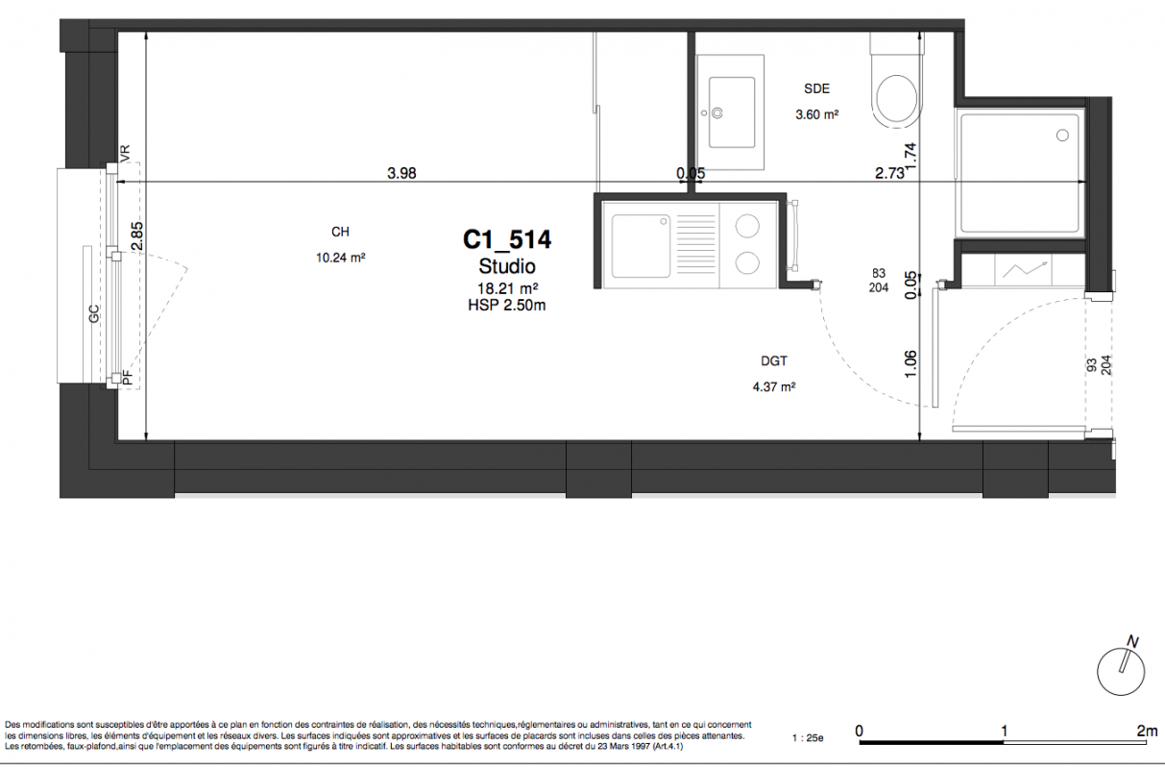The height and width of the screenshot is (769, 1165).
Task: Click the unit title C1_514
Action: pyautogui.click(x=507, y=240)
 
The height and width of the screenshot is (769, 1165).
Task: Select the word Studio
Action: pyautogui.click(x=507, y=266)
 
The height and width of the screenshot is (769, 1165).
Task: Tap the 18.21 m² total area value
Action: pyautogui.click(x=508, y=288)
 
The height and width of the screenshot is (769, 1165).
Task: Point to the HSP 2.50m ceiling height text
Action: pyautogui.click(x=507, y=305)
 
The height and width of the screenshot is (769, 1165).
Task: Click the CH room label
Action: pyautogui.click(x=340, y=232)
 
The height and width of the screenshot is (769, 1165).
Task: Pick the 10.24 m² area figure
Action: pyautogui.click(x=341, y=258)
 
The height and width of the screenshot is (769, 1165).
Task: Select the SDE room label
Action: pyautogui.click(x=816, y=88)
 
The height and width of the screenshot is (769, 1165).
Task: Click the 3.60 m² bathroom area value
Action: pyautogui.click(x=817, y=114)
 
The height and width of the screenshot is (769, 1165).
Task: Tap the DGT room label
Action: pyautogui.click(x=774, y=360)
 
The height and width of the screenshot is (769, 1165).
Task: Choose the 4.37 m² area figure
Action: pyautogui.click(x=774, y=386)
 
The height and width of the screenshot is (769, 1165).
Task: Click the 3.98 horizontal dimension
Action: pyautogui.click(x=401, y=173)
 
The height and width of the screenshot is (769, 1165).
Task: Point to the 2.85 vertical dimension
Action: pyautogui.click(x=136, y=236)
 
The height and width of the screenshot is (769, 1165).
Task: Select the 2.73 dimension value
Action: pyautogui.click(x=889, y=173)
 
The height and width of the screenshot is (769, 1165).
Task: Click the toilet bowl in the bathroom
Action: pyautogui.click(x=897, y=100)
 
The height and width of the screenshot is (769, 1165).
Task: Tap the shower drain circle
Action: pyautogui.click(x=1062, y=136)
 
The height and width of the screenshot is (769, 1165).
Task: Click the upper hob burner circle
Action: pyautogui.click(x=747, y=227)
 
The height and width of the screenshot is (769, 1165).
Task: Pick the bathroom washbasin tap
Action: pyautogui.click(x=717, y=113)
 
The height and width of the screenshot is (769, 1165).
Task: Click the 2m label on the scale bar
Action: pyautogui.click(x=1148, y=731)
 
